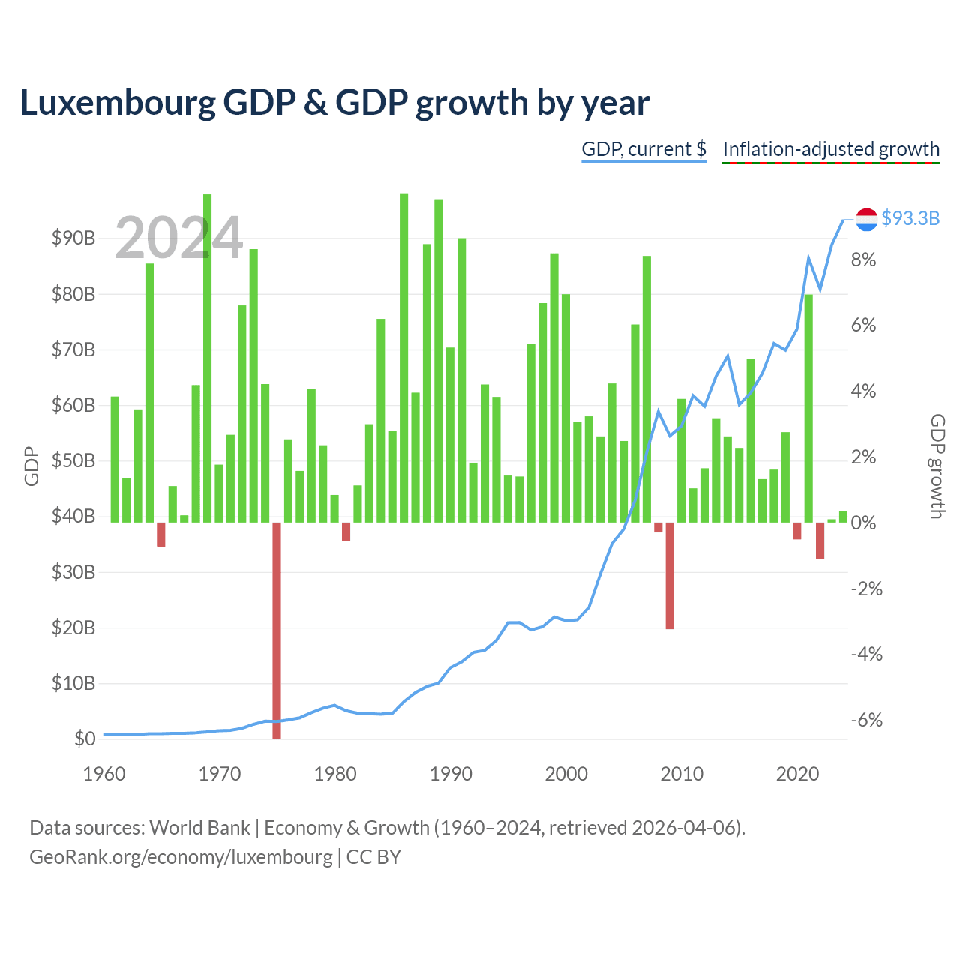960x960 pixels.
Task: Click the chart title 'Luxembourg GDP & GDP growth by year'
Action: pos(334,103)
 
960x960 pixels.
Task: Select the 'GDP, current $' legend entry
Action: pos(643,149)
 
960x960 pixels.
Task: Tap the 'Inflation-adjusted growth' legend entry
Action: pos(831,149)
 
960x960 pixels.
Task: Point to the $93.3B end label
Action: pos(910,218)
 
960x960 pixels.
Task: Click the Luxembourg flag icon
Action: pos(866,219)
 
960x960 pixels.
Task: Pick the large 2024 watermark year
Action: pos(178,237)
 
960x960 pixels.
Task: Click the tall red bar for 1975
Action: pos(277,630)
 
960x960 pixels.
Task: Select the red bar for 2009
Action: pos(670,575)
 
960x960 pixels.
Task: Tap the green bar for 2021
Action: pos(808,408)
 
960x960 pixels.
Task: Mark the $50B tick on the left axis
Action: pos(73,460)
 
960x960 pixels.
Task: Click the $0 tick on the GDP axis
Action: pos(85,738)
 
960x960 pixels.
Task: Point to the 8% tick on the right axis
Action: pos(863,259)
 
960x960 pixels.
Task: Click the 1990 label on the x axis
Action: pos(451,774)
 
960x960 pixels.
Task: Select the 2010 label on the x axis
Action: pos(682,774)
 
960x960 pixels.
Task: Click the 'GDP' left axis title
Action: pos(31,466)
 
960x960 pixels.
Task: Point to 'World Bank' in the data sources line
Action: pos(199,828)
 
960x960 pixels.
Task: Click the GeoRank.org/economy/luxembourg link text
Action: pos(181,857)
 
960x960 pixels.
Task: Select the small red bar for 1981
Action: pos(346,532)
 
